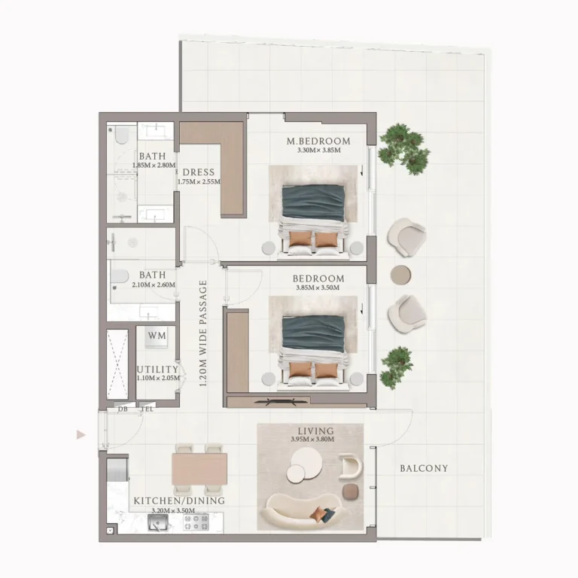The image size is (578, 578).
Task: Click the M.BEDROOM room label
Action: [x=318, y=141]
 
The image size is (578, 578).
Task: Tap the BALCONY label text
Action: [x=424, y=468]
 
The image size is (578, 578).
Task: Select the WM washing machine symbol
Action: [x=157, y=337]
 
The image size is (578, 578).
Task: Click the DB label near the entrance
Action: [x=123, y=409]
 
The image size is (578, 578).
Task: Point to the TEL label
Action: [x=147, y=409]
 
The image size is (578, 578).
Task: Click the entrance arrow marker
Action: [x=81, y=435]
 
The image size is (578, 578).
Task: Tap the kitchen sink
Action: [x=158, y=523]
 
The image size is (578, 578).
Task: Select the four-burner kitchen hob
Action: [x=196, y=522]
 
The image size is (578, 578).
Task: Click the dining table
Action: [x=199, y=469]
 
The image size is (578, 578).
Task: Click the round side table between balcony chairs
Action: [x=400, y=275]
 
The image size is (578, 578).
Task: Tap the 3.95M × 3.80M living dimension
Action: [x=312, y=440]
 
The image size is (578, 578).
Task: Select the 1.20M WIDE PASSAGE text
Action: [x=203, y=333]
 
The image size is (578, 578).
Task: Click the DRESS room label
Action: [x=199, y=172]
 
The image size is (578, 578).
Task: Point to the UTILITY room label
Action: [x=157, y=370]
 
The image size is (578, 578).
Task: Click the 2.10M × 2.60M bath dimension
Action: [x=154, y=284]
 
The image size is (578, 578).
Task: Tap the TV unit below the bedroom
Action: [x=283, y=401]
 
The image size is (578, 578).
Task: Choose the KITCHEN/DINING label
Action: [x=179, y=500]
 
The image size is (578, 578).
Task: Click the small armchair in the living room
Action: [x=351, y=467]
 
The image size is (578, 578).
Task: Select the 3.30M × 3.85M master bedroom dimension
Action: [x=319, y=151]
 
